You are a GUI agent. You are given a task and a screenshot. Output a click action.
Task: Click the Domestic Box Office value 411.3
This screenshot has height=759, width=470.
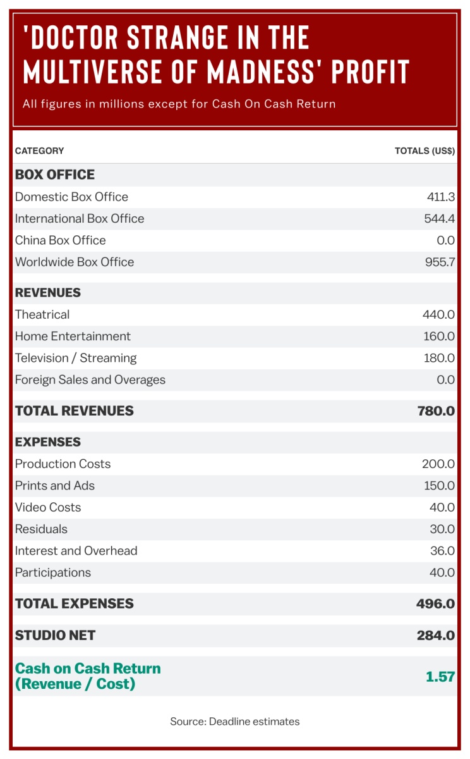[440, 197]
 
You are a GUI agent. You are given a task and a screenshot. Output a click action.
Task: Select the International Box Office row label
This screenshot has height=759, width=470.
[80, 219]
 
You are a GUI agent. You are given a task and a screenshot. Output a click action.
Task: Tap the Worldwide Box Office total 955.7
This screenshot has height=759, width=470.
[440, 262]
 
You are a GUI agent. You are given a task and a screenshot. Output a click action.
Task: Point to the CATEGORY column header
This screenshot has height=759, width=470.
[39, 151]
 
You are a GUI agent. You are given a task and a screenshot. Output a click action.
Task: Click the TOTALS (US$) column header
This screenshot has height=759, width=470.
[425, 151]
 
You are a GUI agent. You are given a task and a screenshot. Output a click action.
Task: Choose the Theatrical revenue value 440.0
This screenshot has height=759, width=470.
[438, 315]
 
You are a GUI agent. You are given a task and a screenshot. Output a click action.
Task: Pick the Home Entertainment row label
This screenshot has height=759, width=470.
[73, 336]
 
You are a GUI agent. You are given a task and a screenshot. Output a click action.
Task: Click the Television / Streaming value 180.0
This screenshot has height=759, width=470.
[438, 358]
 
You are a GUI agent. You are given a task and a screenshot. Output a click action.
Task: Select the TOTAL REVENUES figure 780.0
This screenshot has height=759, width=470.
[436, 411]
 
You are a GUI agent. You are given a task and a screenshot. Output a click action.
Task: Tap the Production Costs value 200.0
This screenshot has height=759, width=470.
[438, 464]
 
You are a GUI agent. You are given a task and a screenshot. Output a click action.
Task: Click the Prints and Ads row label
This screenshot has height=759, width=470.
[55, 486]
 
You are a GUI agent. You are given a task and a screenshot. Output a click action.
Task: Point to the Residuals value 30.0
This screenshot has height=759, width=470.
[442, 529]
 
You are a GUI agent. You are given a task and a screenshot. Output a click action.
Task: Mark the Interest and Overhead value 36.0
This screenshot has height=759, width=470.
[442, 551]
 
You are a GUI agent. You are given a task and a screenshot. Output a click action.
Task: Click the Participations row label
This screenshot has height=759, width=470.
[53, 573]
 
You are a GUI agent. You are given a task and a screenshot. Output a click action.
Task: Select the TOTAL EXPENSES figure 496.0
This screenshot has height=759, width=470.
[435, 604]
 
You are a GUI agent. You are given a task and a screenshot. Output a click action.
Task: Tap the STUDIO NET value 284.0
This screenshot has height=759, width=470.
[435, 636]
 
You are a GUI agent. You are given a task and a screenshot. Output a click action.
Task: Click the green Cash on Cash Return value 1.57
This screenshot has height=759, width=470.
[440, 677]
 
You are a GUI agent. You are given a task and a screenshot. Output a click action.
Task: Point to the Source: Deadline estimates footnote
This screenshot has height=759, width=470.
[235, 722]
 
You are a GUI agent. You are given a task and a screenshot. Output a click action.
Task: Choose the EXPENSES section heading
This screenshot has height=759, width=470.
[48, 442]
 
